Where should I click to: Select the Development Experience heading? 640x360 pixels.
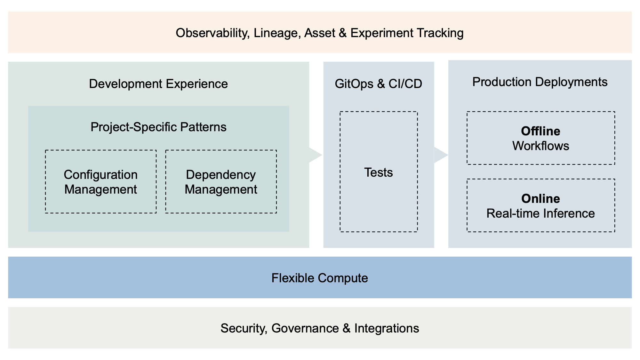(x=158, y=84)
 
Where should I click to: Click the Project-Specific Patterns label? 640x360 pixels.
(x=158, y=127)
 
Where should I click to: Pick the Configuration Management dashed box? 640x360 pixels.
(x=101, y=182)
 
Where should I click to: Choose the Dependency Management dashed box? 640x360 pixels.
(x=221, y=182)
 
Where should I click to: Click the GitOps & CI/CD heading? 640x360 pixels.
(x=378, y=84)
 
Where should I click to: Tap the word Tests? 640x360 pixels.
(x=379, y=172)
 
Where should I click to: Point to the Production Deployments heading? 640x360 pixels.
(x=540, y=82)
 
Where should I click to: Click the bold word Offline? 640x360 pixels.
(x=540, y=131)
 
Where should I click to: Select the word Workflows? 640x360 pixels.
(x=540, y=146)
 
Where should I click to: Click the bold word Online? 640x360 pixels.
(x=540, y=199)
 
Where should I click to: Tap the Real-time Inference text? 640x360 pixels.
(x=540, y=213)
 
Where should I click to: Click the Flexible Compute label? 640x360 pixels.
(x=320, y=278)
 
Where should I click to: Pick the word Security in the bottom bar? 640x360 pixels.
(x=244, y=328)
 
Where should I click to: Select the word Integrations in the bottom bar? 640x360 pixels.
(x=387, y=328)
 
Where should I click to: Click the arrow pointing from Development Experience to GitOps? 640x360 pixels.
(x=315, y=155)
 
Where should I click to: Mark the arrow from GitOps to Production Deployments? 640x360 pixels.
(x=441, y=155)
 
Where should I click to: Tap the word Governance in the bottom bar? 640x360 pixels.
(x=305, y=328)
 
